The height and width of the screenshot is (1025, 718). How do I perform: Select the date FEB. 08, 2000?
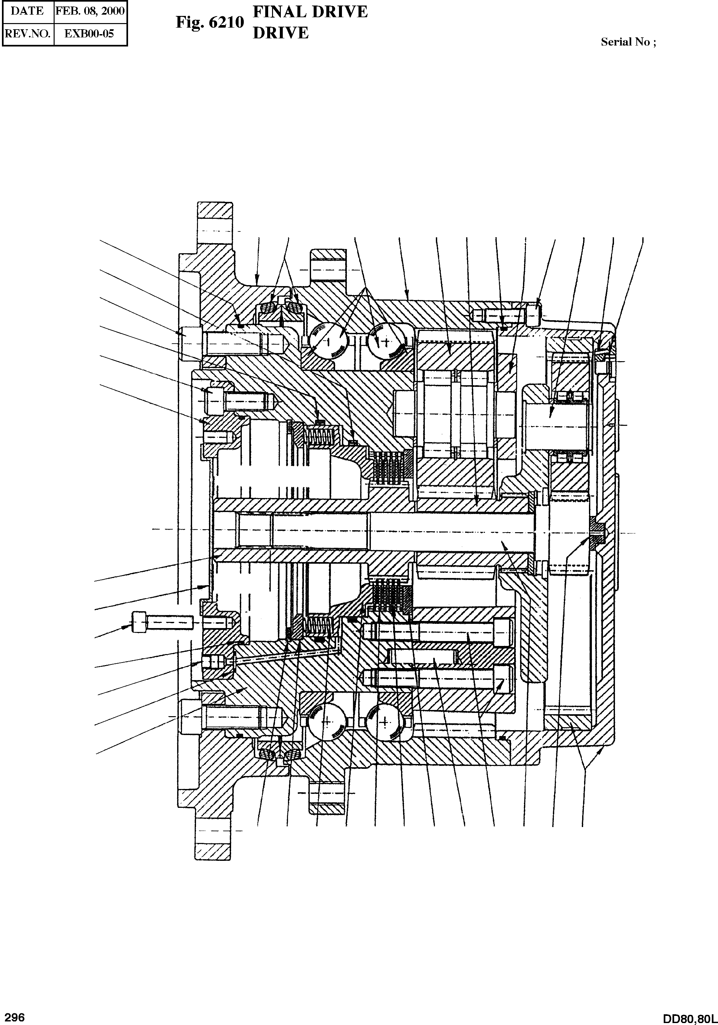[90, 11]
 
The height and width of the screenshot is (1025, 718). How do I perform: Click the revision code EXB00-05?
[90, 33]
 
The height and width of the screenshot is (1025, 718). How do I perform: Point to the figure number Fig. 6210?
[210, 22]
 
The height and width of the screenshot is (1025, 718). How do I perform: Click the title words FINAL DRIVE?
[310, 12]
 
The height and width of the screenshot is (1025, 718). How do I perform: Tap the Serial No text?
[628, 42]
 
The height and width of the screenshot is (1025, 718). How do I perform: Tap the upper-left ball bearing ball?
[329, 340]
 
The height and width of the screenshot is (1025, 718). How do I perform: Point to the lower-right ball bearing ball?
[384, 722]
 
